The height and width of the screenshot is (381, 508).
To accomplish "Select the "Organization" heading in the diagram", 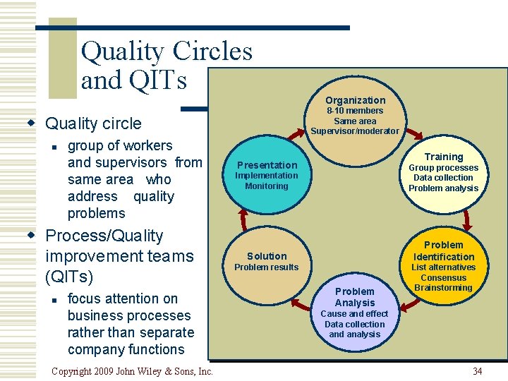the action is tap(355, 100).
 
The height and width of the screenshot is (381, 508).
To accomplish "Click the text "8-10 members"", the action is tap(355, 111).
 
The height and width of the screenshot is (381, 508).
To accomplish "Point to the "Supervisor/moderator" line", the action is tap(355, 131).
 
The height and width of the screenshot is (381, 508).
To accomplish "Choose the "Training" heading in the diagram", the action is tap(443, 157).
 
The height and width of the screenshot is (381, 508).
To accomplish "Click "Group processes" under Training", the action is tap(443, 168).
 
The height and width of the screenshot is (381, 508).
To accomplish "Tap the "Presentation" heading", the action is tap(267, 165).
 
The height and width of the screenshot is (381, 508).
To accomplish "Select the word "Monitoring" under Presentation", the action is tap(267, 186).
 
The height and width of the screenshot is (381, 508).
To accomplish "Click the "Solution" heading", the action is tap(267, 256).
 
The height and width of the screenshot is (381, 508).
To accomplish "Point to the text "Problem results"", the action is tap(267, 267).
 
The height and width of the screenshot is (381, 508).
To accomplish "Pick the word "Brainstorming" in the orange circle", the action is tap(443, 288).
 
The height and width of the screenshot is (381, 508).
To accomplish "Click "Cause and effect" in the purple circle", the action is tap(354, 314).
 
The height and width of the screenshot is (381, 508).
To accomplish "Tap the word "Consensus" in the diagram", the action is tap(443, 278).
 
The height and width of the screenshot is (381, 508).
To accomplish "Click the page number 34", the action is tap(478, 371).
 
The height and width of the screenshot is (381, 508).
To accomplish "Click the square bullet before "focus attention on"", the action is tap(54, 299).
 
